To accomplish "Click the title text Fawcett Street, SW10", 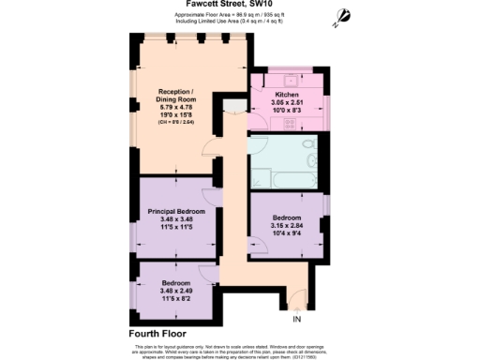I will point(239,5).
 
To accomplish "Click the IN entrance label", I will point(297,320).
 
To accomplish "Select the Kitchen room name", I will point(287,97).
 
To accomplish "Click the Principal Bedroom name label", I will point(176,212).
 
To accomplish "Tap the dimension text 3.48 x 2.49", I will point(176,291).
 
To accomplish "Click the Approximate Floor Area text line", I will point(239,16).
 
